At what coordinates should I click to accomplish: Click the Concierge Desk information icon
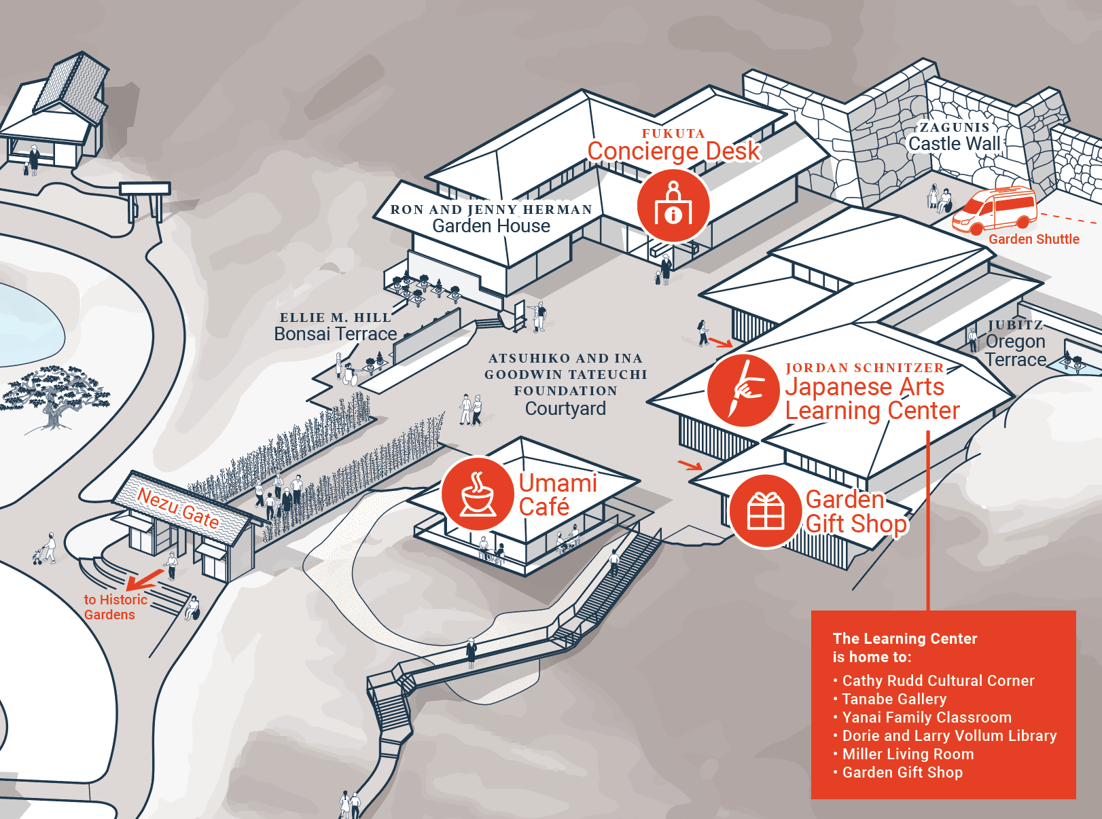point(673,206)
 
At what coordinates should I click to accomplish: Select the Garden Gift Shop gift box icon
point(766,511)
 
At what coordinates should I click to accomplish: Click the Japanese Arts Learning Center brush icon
point(743,390)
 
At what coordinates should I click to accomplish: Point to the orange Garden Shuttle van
point(994,210)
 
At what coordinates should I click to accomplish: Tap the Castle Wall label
point(954,143)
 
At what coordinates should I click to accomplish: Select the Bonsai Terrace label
point(336,333)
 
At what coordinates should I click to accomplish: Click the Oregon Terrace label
point(1016,350)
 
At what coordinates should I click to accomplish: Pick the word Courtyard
point(565,408)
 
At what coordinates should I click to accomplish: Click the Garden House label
point(491,226)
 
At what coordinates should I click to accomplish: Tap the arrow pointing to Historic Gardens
point(145,579)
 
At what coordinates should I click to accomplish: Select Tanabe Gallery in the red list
point(894,699)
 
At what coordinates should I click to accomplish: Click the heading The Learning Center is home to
point(905,648)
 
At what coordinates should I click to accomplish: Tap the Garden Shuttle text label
point(1034,239)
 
